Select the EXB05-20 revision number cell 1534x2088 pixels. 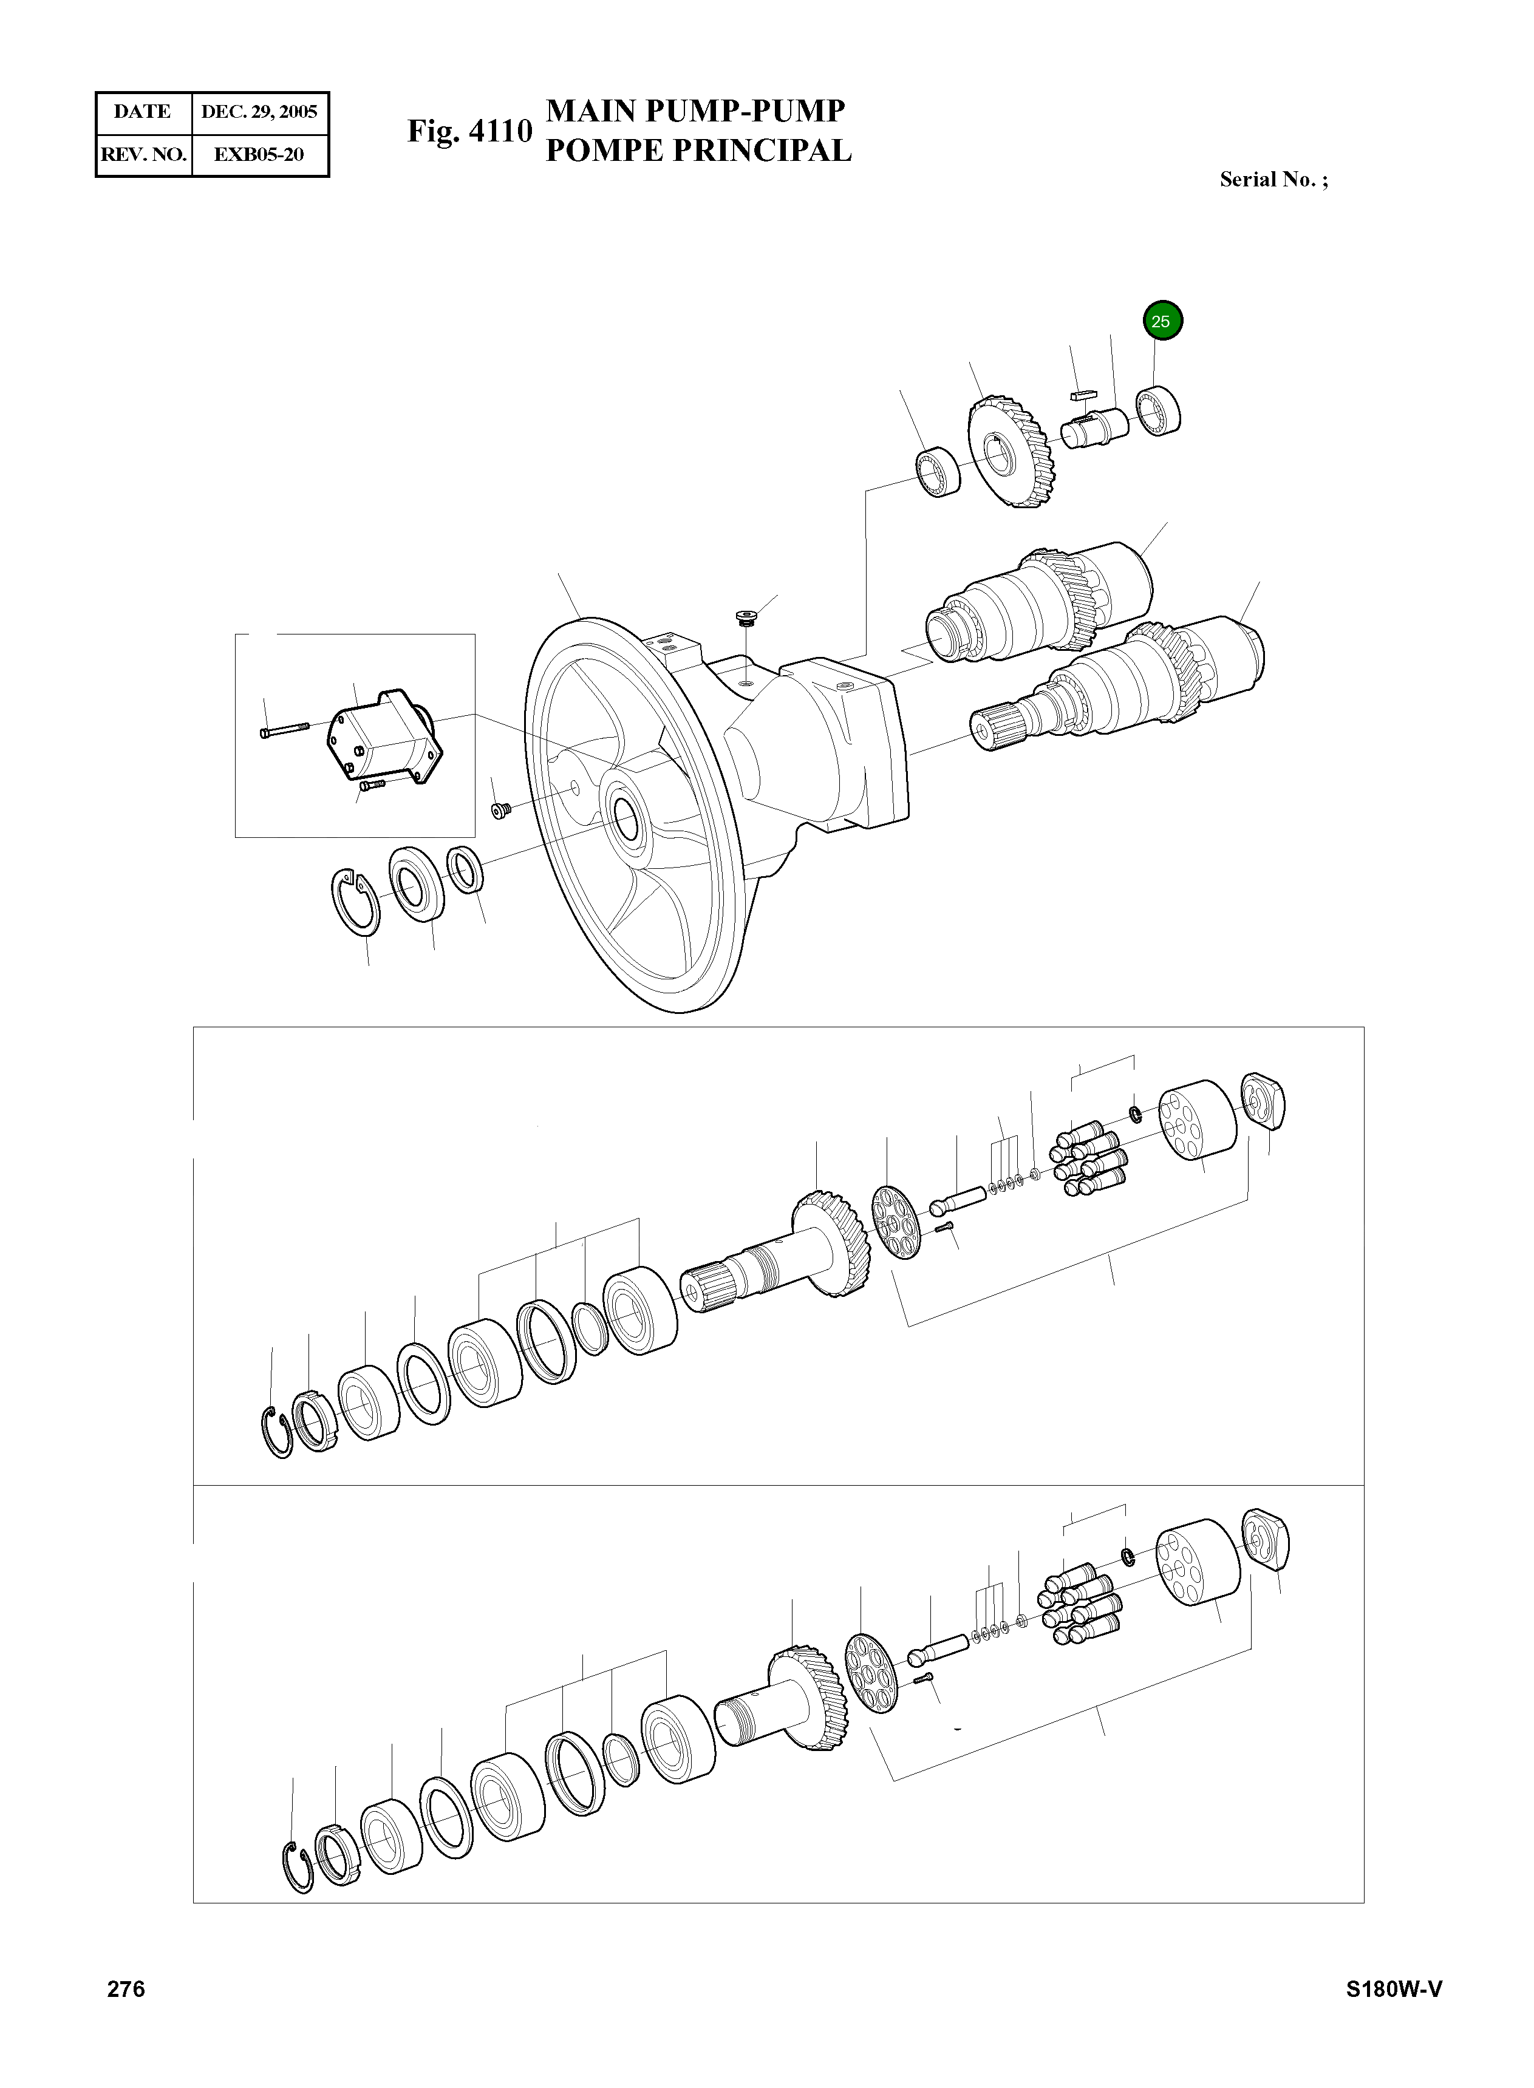pyautogui.click(x=259, y=155)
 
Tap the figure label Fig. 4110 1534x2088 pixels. pyautogui.click(x=469, y=131)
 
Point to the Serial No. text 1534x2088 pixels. pyautogui.click(x=1273, y=180)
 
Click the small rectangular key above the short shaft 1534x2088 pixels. pyautogui.click(x=1083, y=395)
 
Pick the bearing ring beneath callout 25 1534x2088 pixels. pyautogui.click(x=1159, y=411)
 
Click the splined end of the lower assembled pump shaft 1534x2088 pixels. pyautogui.click(x=995, y=724)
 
